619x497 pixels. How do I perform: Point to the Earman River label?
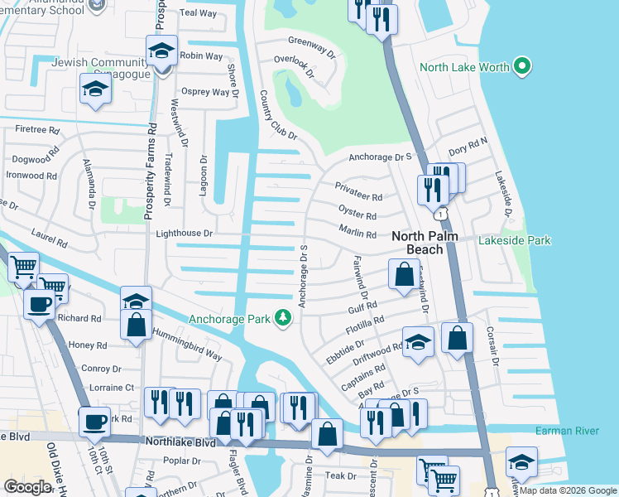567,431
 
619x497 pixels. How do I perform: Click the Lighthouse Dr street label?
185,235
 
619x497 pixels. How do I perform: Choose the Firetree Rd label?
37,130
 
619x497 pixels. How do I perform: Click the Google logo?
27,486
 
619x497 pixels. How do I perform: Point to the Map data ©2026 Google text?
567,490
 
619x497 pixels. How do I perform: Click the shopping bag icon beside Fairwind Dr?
403,275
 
